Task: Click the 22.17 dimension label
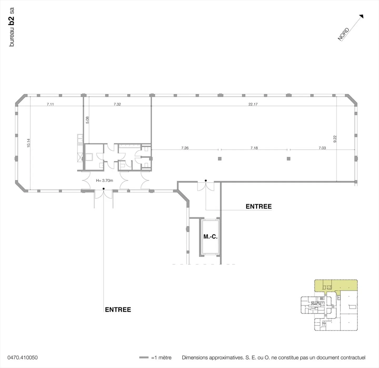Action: [x=253, y=104]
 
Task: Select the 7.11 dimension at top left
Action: [x=50, y=104]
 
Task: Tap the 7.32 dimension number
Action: [x=117, y=104]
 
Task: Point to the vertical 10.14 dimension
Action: [x=28, y=143]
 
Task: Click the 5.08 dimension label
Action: [x=87, y=120]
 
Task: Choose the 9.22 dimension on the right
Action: [x=335, y=139]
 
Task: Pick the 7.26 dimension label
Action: [x=185, y=148]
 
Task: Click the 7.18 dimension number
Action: [x=254, y=148]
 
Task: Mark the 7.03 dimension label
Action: [x=322, y=148]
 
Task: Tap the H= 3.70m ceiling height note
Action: [x=104, y=180]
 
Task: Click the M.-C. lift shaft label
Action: [x=210, y=236]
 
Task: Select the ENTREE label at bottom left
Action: [x=118, y=310]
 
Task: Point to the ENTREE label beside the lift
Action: [x=258, y=206]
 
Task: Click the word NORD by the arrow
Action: [x=343, y=34]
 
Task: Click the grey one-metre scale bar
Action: [x=144, y=357]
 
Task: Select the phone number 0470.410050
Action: [x=22, y=357]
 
